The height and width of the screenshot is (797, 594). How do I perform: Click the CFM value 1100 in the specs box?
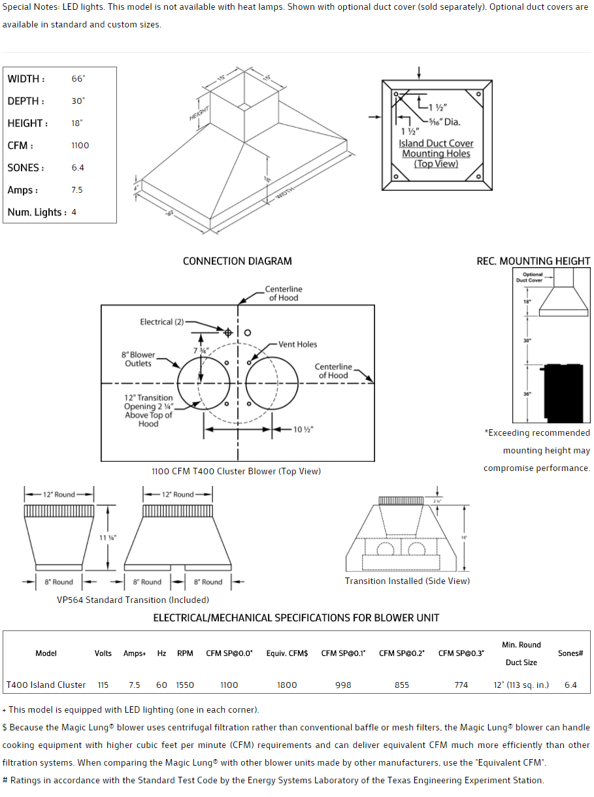pyautogui.click(x=80, y=146)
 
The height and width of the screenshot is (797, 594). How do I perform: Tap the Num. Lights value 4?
pyautogui.click(x=74, y=212)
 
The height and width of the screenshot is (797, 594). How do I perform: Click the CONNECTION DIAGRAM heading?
pyautogui.click(x=237, y=261)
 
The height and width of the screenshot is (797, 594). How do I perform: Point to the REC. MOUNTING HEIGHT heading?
pyautogui.click(x=533, y=261)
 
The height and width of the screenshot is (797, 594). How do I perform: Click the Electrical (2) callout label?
pyautogui.click(x=162, y=322)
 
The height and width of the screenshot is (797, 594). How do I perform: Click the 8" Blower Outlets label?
pyautogui.click(x=138, y=359)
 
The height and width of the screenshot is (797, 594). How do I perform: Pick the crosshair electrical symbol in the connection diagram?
pyautogui.click(x=228, y=333)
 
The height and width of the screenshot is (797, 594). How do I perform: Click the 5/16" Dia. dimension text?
pyautogui.click(x=444, y=122)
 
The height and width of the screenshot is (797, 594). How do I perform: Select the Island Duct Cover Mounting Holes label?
pyautogui.click(x=436, y=154)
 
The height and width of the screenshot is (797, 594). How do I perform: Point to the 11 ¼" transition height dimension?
pyautogui.click(x=108, y=538)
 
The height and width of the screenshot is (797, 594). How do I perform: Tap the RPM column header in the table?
pyautogui.click(x=185, y=653)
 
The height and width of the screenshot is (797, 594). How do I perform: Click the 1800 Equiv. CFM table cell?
pyautogui.click(x=287, y=685)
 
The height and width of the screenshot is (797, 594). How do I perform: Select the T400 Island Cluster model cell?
pyautogui.click(x=46, y=685)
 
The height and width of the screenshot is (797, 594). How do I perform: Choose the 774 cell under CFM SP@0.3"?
pyautogui.click(x=461, y=685)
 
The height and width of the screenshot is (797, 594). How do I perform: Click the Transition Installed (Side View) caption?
pyautogui.click(x=407, y=581)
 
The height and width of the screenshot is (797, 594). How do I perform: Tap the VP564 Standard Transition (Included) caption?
pyautogui.click(x=133, y=600)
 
